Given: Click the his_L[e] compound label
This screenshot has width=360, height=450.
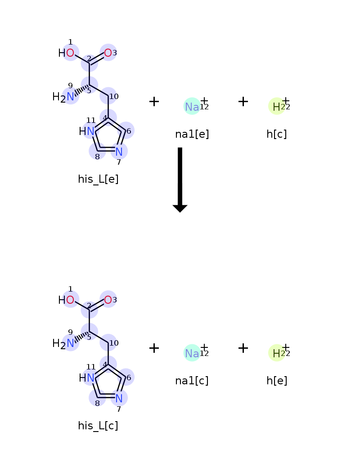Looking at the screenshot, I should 98,179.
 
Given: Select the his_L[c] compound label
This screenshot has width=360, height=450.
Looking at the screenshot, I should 98,426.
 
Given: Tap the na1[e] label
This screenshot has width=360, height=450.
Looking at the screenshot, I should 192,134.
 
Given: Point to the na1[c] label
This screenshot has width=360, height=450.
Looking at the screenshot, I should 192,381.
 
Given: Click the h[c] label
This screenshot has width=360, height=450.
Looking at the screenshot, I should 277,134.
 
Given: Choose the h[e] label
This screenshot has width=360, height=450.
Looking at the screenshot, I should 277,381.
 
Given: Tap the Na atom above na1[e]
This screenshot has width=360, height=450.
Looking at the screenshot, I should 192,107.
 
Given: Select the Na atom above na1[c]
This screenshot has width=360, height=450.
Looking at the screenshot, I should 192,353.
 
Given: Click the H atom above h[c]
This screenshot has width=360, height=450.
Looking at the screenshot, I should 276,107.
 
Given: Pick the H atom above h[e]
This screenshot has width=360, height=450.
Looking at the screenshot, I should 276,353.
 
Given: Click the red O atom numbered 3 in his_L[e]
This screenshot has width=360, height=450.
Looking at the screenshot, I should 108,53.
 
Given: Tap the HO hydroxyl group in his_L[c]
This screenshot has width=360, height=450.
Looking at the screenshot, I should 67,300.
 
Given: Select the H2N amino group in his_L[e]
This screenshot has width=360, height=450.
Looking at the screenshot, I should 63,96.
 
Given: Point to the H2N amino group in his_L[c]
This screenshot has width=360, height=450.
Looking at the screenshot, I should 63,343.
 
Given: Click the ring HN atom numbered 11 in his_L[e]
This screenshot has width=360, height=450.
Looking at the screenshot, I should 87,131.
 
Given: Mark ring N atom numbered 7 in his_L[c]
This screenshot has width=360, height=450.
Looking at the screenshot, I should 119,398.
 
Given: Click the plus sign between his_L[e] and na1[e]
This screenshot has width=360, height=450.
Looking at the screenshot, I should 154,102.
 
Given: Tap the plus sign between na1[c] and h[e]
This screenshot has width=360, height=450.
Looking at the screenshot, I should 243,348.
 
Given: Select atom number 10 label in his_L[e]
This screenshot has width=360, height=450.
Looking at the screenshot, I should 114,96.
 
